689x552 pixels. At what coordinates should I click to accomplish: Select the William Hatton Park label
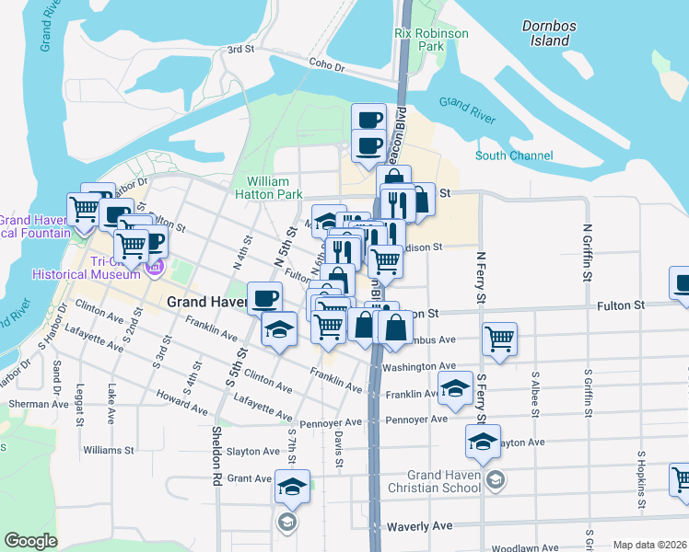tap(274, 189)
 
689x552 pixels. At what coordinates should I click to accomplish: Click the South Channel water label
tap(514, 156)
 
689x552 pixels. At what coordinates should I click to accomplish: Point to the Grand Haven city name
tap(204, 302)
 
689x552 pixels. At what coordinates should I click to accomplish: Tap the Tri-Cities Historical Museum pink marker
tap(153, 268)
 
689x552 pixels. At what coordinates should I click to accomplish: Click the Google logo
tap(30, 541)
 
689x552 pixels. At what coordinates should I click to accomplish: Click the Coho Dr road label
tap(326, 67)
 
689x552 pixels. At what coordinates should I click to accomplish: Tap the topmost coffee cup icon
tap(368, 119)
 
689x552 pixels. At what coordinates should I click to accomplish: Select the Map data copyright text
tap(650, 545)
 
